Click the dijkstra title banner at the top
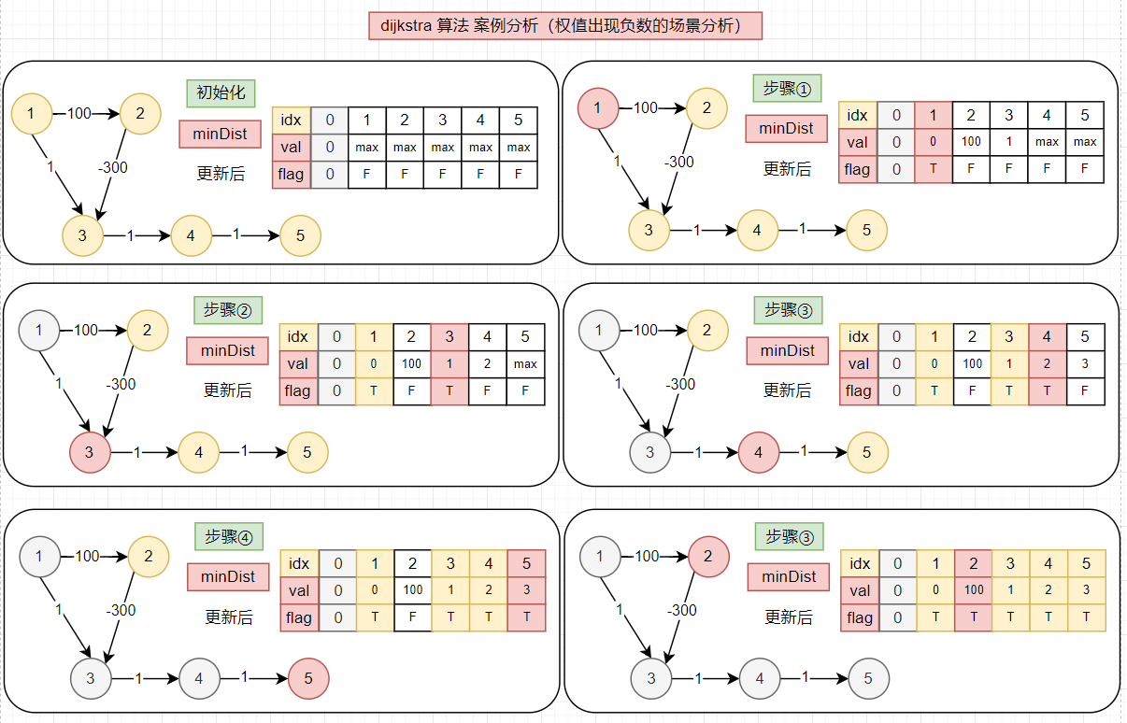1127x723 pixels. point(566,25)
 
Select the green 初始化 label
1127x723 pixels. point(221,92)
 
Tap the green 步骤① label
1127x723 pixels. point(787,88)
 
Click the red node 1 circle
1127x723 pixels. point(598,107)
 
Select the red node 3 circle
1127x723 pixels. point(90,453)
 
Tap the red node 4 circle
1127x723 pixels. point(759,453)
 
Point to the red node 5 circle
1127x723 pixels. point(309,679)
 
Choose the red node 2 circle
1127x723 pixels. point(708,557)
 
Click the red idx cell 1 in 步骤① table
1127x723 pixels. point(934,115)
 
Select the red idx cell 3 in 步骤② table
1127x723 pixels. point(449,337)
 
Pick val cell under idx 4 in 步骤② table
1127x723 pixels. point(488,364)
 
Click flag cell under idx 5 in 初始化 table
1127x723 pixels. point(519,174)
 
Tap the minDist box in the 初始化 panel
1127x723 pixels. point(220,134)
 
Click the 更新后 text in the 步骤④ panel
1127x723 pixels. point(229,617)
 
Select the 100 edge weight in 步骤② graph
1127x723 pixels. point(86,330)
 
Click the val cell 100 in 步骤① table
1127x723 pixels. point(972,142)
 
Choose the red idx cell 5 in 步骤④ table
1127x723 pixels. point(526,563)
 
